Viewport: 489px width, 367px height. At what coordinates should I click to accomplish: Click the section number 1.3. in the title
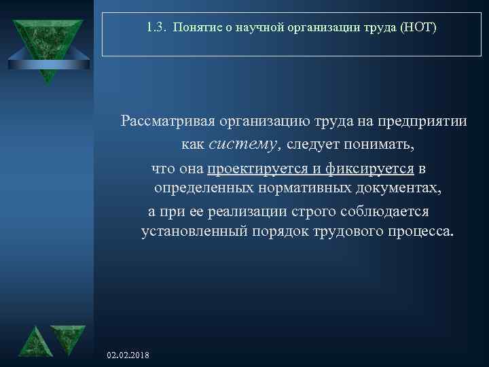156,28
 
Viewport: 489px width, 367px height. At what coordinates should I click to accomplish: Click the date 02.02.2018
129,356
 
